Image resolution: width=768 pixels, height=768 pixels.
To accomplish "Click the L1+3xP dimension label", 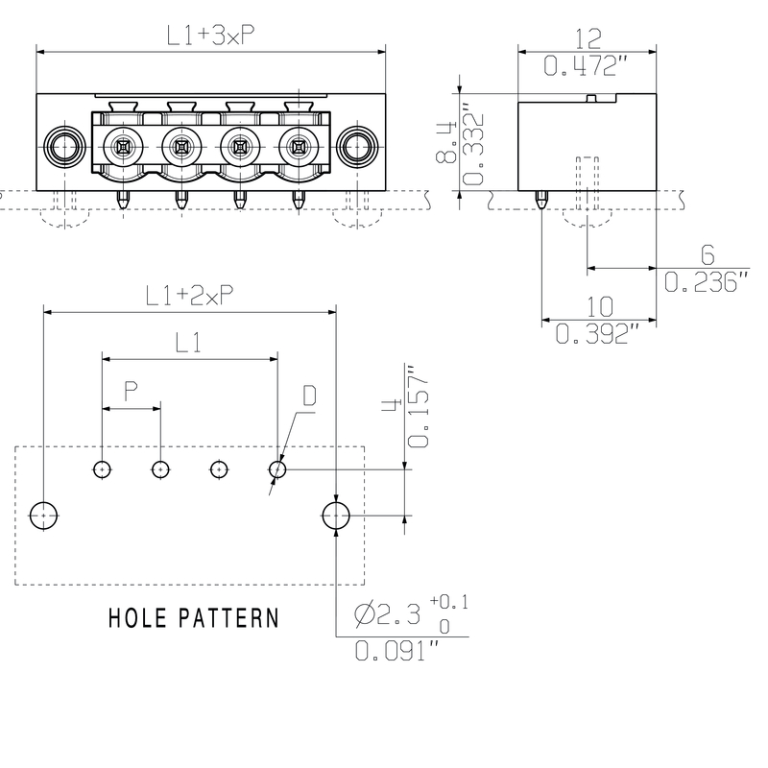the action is click(x=211, y=36).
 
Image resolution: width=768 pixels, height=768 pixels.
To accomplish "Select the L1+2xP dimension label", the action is click(x=189, y=296).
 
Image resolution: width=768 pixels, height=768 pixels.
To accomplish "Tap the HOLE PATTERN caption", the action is click(x=194, y=617).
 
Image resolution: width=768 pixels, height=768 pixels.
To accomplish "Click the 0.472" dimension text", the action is click(x=586, y=65).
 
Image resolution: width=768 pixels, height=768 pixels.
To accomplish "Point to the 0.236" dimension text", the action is click(x=707, y=282).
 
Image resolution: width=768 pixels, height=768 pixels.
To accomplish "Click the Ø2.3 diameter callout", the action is click(x=387, y=613).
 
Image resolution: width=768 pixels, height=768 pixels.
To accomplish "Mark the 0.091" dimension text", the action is click(x=396, y=651).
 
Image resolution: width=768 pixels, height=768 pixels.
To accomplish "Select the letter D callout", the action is click(x=309, y=396).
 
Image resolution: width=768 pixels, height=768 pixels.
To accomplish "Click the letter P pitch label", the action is click(x=131, y=391).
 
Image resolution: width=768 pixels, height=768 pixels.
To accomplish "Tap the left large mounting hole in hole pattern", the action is click(x=43, y=516).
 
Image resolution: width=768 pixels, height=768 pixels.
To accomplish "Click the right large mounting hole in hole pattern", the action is click(x=336, y=516).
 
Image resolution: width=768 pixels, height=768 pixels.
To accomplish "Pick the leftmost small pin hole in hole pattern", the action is click(x=102, y=469).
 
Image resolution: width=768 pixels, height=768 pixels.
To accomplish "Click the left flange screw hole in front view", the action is click(x=64, y=147).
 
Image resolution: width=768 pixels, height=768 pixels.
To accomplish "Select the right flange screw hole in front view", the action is click(x=357, y=147).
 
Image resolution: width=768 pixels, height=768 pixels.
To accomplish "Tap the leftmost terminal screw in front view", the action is click(x=123, y=147).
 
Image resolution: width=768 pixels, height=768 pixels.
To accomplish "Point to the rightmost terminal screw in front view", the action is click(x=299, y=147).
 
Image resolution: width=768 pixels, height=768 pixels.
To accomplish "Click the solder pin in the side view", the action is click(x=541, y=200).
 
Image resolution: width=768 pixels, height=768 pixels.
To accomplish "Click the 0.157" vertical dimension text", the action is click(x=418, y=406).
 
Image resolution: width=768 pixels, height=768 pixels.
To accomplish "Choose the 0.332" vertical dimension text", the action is click(x=472, y=145).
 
